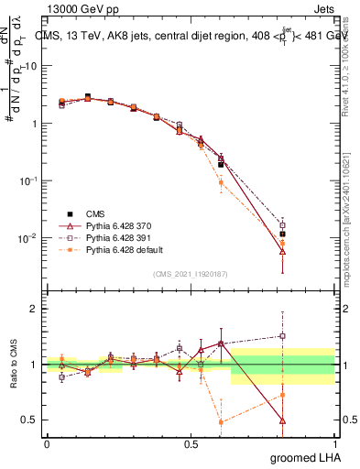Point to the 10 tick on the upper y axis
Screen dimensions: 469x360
point(29,66)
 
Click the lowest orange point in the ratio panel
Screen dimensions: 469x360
point(221,422)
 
